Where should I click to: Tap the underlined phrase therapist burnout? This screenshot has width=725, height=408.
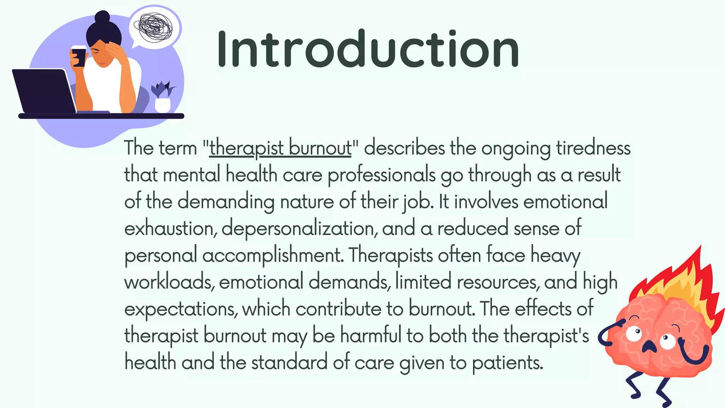pos(280,148)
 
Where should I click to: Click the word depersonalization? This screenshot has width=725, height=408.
pos(298,228)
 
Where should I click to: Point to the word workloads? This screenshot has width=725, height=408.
pos(169,282)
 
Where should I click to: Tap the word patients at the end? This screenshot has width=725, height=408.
pos(507,363)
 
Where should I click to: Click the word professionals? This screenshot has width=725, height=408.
pos(381,175)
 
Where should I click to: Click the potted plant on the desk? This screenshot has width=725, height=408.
pos(162,97)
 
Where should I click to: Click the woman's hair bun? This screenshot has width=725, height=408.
pos(102,17)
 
